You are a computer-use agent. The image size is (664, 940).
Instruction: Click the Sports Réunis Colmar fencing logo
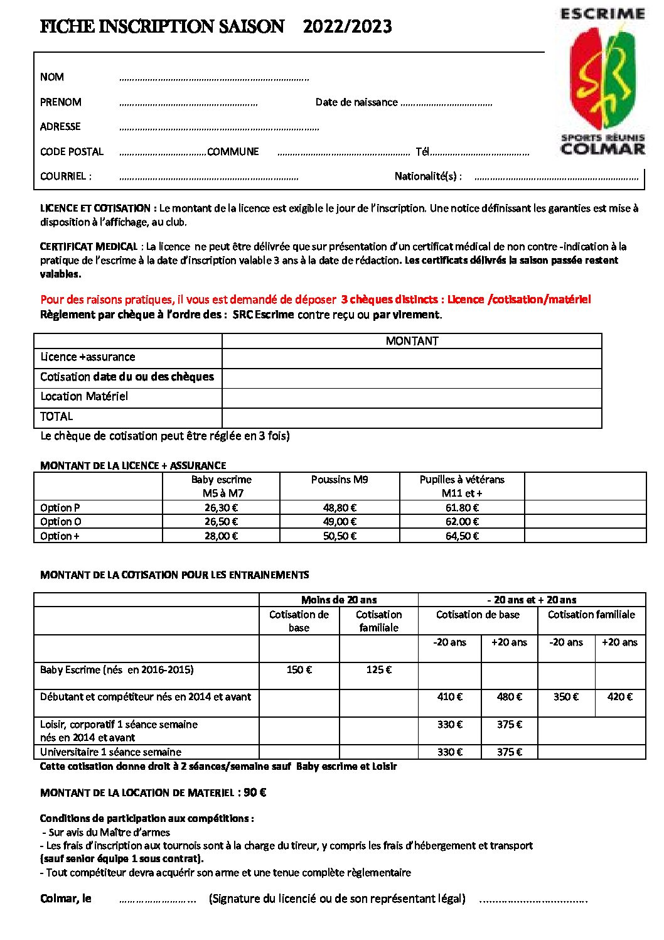click(602, 82)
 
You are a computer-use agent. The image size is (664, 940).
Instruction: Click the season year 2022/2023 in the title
click(347, 26)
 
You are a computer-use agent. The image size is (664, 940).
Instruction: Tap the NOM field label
click(52, 77)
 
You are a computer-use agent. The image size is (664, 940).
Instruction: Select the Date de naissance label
click(356, 102)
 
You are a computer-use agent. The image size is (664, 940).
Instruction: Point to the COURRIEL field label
click(65, 176)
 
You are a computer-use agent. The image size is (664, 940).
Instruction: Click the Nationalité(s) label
click(428, 176)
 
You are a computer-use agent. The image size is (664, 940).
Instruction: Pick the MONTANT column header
click(412, 341)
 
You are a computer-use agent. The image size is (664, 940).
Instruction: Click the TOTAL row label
click(56, 416)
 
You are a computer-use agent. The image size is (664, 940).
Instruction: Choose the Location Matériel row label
click(84, 396)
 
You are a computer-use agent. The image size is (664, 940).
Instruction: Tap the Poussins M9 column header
click(340, 480)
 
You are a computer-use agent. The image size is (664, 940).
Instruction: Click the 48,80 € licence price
click(340, 507)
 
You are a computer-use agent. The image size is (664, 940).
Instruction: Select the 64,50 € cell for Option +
click(462, 536)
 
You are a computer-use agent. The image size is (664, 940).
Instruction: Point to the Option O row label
click(61, 522)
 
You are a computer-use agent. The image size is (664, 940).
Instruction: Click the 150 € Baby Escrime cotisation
click(299, 670)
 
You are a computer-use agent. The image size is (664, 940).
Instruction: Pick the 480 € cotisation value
click(509, 697)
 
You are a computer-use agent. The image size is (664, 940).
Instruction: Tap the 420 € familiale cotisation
click(620, 697)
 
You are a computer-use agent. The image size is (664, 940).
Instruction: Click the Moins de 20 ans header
click(339, 600)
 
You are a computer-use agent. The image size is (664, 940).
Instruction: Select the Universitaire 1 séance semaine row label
click(110, 752)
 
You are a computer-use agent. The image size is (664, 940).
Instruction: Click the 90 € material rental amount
click(255, 792)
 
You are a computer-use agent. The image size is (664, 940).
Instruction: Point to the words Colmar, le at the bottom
click(66, 899)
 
